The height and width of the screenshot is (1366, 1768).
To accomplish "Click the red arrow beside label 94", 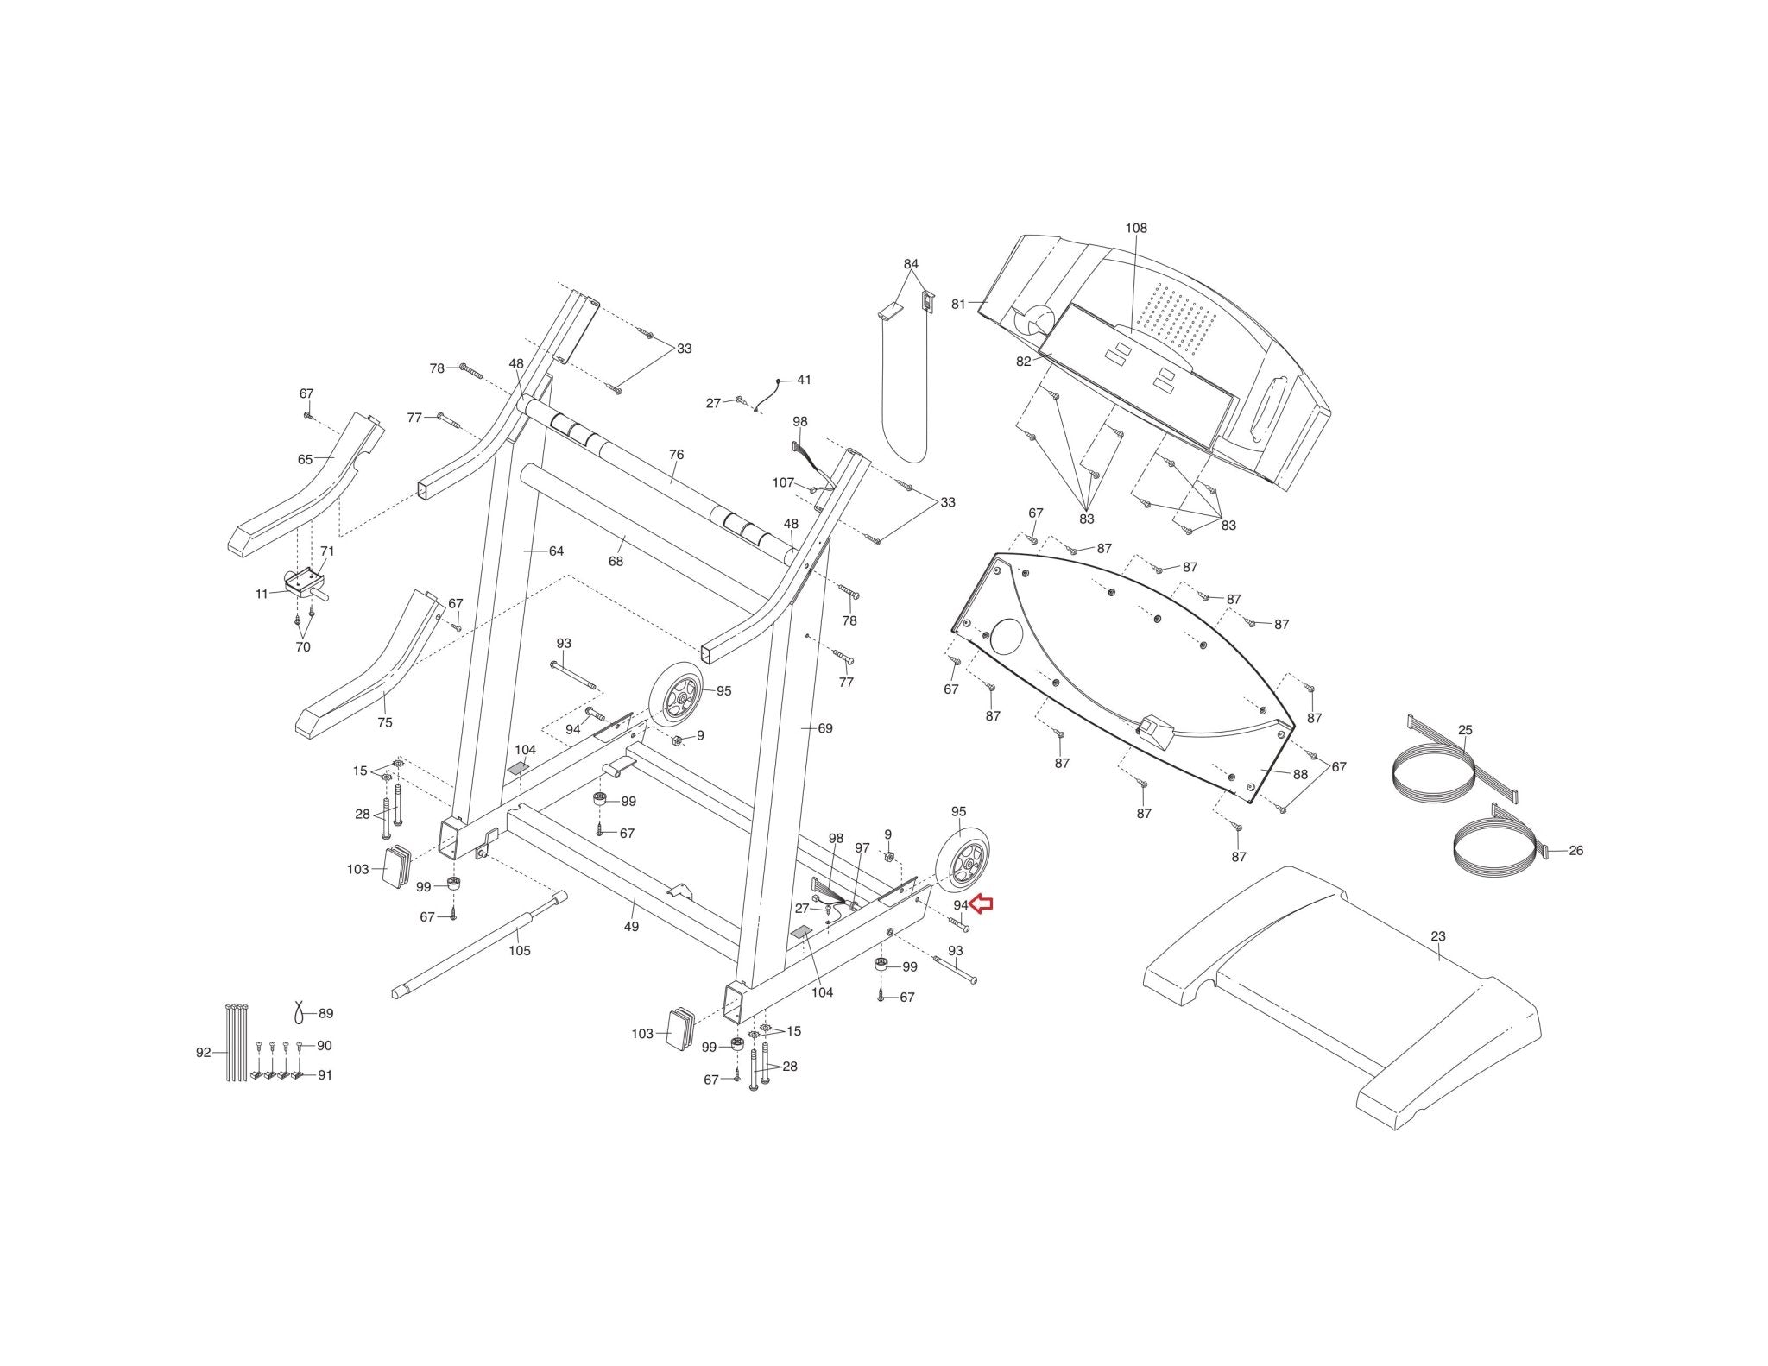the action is (982, 904).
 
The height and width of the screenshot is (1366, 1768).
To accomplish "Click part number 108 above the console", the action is (1136, 229).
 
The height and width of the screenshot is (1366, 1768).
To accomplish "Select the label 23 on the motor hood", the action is (1437, 936).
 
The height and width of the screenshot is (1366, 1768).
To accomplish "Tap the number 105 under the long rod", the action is (519, 951).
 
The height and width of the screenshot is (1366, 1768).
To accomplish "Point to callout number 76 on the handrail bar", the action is (676, 455).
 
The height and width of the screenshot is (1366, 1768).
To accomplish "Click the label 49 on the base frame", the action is (632, 927).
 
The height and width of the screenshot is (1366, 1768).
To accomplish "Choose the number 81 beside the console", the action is (958, 304).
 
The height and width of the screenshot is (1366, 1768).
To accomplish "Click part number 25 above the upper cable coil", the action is (1465, 730).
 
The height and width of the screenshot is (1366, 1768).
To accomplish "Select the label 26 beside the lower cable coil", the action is (1575, 851).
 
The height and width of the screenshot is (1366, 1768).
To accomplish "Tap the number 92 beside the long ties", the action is (204, 1053).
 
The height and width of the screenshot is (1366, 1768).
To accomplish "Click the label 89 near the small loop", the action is (325, 1014).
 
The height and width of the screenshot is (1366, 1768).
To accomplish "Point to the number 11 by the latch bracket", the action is (262, 594).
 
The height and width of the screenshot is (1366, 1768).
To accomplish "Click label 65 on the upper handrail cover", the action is (305, 460).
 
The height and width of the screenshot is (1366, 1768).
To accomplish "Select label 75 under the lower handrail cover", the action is (384, 722).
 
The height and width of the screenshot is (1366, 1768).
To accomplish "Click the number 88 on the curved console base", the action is (1300, 775).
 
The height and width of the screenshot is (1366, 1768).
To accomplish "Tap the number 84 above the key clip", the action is (911, 264).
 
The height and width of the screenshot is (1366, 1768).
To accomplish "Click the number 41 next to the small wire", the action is (804, 380).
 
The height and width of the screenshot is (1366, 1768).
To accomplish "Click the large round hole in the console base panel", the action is (1005, 635).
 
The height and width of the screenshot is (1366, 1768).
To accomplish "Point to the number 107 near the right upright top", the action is (783, 483).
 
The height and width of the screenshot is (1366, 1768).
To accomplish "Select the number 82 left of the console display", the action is (1023, 362).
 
